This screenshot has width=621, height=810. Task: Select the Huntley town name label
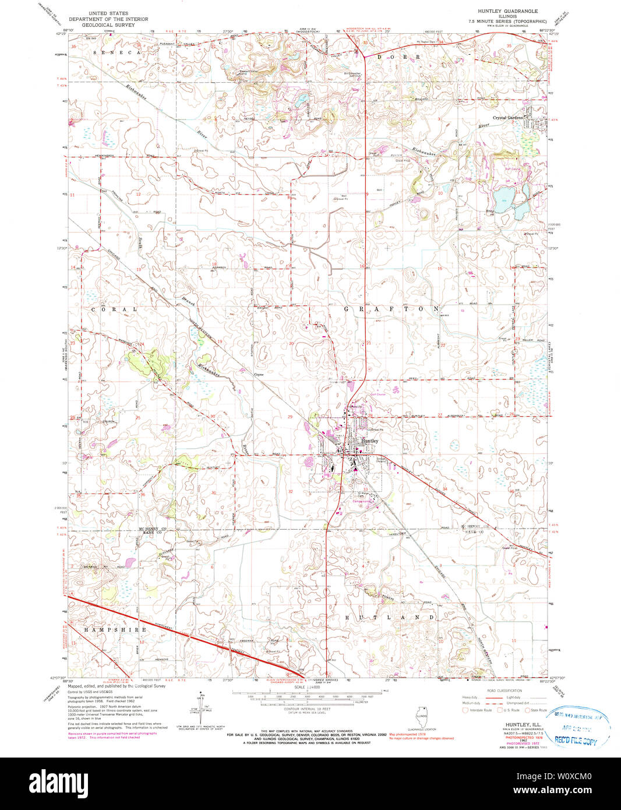click(370, 441)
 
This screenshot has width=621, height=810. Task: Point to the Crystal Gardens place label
click(509, 118)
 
